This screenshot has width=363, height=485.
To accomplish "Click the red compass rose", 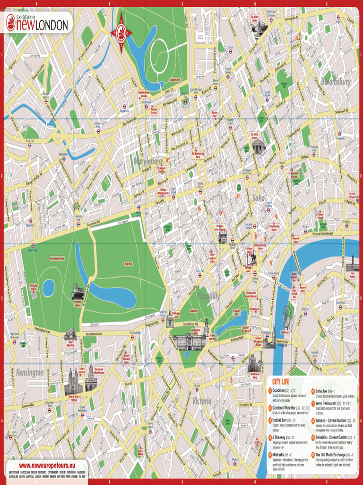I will click(121, 32).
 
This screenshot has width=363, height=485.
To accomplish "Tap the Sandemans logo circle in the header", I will click(11, 23).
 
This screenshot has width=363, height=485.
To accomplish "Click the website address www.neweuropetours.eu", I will click(45, 466).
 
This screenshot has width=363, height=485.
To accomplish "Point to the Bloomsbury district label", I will click(336, 82).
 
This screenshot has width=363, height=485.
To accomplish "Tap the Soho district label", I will click(259, 198).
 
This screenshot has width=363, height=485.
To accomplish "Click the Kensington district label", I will click(30, 373).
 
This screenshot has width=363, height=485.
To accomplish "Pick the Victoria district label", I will click(202, 401).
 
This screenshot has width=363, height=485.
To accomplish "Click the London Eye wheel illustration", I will click(286, 316).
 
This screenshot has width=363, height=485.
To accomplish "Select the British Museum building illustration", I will click(258, 147).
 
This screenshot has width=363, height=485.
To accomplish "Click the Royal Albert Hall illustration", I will click(70, 333).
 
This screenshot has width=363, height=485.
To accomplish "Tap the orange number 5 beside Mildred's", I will click(270, 455).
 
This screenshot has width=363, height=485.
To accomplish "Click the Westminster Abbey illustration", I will click(254, 364).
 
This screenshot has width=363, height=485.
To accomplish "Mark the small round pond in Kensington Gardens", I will click(49, 287).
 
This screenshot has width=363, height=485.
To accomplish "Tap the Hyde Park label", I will click(128, 264).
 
